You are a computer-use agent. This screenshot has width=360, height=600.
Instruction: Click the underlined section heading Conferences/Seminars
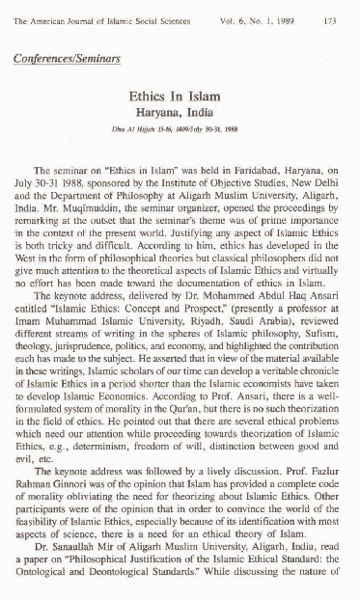(67, 59)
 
